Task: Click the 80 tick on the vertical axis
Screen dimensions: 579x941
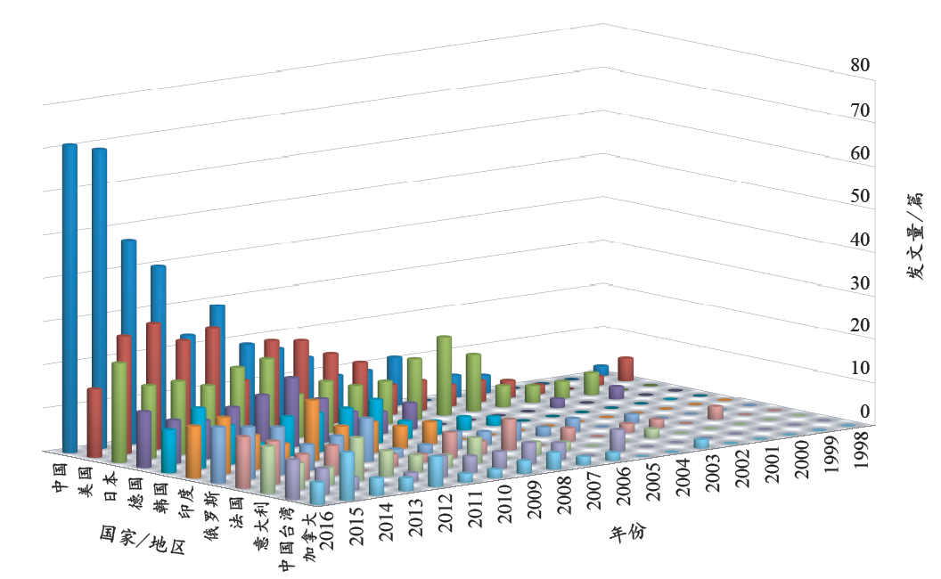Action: (x=859, y=65)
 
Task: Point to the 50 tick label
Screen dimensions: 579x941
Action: (x=859, y=197)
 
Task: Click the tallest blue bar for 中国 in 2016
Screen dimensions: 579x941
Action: (x=70, y=294)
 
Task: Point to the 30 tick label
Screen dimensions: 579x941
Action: (x=859, y=283)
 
